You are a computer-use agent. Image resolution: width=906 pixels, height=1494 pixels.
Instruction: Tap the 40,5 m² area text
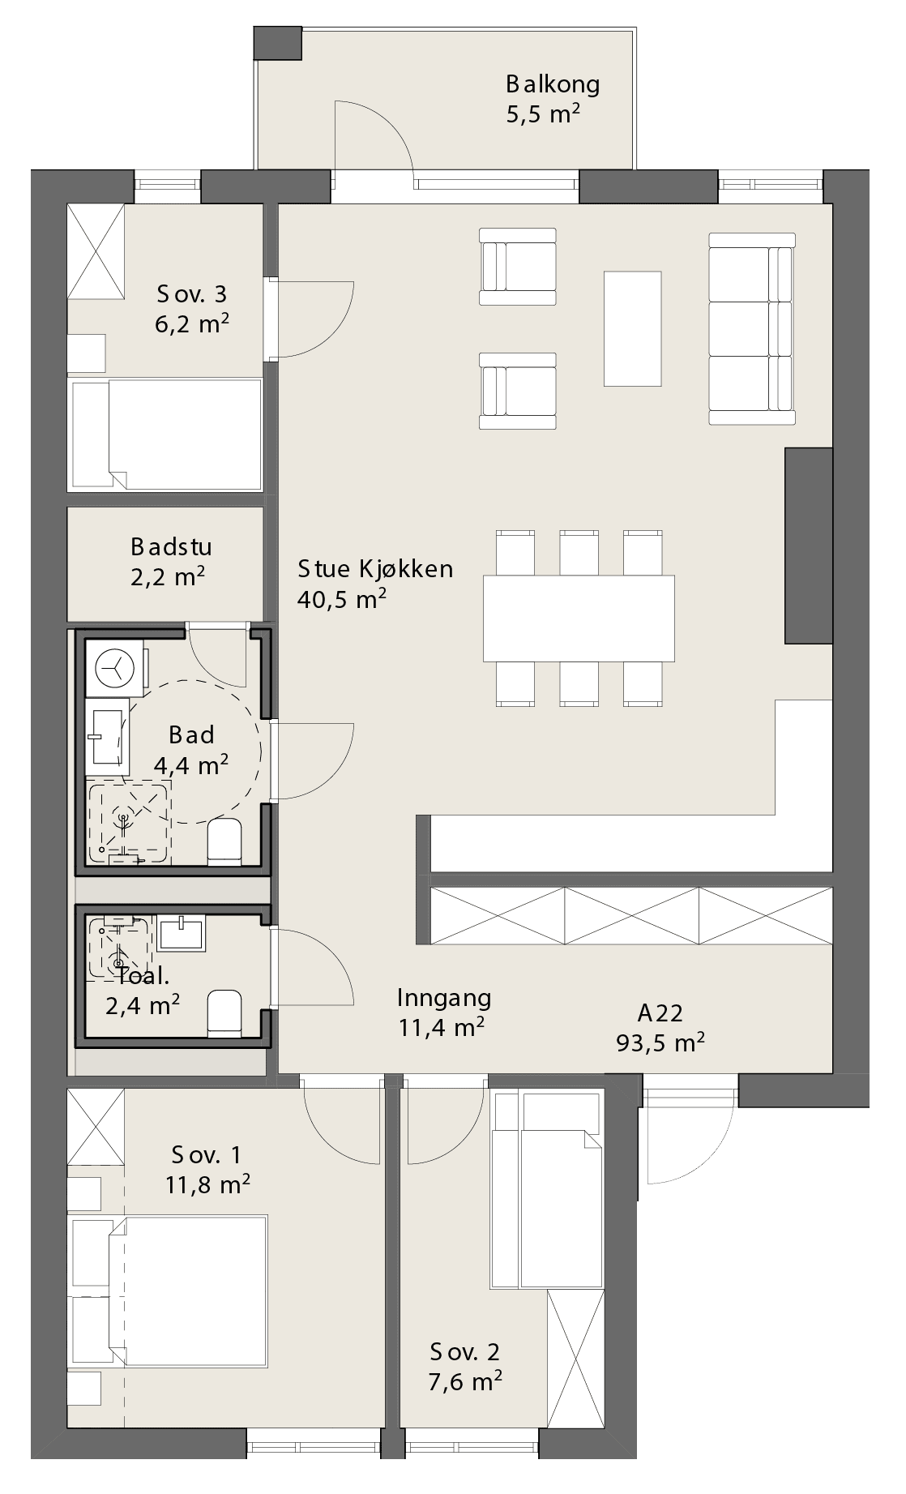341,600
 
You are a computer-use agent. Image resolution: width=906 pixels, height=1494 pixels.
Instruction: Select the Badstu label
171,546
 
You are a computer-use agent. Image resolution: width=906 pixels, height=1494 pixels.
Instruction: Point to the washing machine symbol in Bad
114,667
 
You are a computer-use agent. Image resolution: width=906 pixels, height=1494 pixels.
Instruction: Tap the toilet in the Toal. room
224,1013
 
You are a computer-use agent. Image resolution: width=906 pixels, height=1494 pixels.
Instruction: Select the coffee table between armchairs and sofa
632,328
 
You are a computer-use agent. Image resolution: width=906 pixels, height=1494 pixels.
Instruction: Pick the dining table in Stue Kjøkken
579,618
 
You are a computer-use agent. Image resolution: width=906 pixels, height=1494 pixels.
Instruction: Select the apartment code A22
660,1012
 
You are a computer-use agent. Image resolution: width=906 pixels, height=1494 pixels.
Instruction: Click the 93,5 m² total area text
660,1042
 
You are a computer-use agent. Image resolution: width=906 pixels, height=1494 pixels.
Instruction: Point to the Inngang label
444,997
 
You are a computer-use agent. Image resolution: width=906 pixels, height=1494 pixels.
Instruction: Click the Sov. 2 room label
465,1351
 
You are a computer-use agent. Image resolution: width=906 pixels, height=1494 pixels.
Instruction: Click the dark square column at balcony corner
278,43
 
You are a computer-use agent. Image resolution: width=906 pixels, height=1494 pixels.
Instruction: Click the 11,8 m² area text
207,1185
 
